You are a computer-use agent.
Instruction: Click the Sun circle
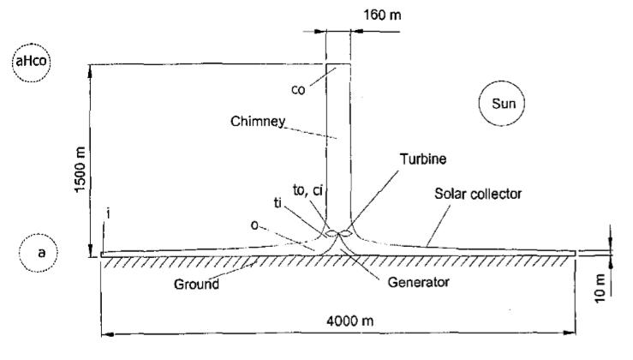coord(501,105)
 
